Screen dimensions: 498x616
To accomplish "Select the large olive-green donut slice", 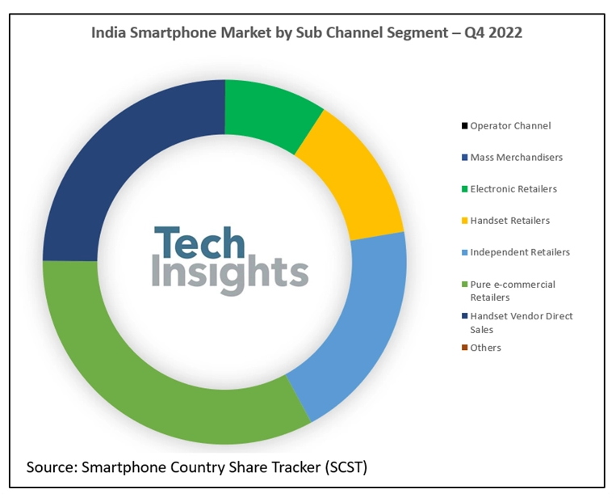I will pos(153,380).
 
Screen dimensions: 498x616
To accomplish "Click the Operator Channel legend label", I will pos(510,125).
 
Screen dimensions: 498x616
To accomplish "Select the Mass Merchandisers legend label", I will pos(517,157).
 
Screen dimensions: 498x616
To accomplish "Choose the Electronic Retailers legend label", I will pos(513,188).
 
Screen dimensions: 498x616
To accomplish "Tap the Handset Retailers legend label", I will pos(510,220).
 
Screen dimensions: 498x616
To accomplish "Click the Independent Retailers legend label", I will pos(520,251).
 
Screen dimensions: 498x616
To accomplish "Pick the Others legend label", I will pos(486,347).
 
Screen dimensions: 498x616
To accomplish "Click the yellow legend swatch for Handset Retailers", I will pos(464,221).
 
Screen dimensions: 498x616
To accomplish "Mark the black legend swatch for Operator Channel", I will pos(464,126).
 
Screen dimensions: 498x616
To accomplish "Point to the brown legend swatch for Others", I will pos(464,348).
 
